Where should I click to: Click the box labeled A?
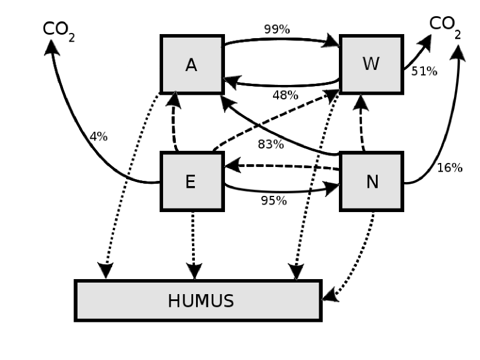[192, 65]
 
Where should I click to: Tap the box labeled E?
[191, 181]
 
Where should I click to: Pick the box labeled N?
[371, 181]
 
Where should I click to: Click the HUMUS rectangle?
[198, 300]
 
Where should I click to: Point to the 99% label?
[276, 29]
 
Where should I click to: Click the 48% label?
[285, 95]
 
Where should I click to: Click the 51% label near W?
[424, 72]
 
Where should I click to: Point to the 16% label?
[449, 168]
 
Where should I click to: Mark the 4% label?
[98, 137]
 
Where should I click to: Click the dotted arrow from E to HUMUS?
[193, 243]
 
